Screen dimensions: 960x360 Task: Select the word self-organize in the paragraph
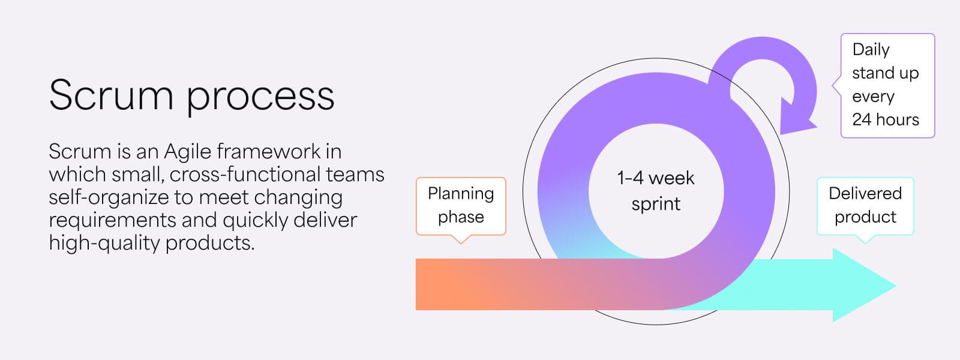coord(109,198)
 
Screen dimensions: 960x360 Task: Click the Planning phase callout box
coord(461,206)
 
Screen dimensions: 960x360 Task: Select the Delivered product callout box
coord(865,206)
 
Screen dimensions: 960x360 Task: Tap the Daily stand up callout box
coord(887,86)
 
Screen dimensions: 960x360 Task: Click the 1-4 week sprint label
coord(656,191)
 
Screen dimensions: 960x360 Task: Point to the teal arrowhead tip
coord(896,285)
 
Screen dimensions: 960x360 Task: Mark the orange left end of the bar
coord(416,284)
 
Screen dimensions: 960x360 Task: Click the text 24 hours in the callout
coord(886,119)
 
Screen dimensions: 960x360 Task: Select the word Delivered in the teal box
coord(865,193)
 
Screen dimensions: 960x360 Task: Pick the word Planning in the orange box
coord(461,194)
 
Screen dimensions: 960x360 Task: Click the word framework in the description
coord(268,151)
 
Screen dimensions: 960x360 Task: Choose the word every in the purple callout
coord(873,97)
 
